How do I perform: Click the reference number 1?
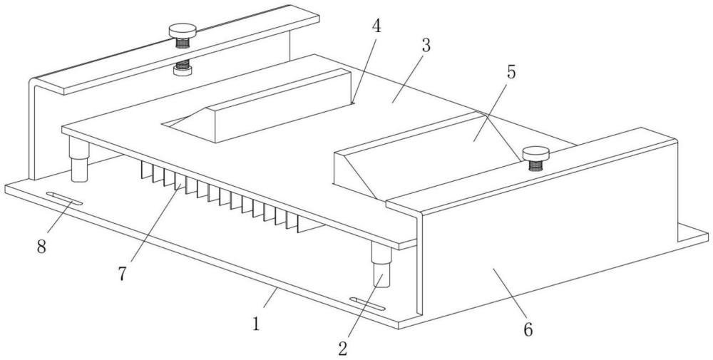click(256, 324)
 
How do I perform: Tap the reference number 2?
click(343, 349)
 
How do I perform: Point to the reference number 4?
click(376, 26)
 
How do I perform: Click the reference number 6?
click(528, 329)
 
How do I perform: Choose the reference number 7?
click(122, 274)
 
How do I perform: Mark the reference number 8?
click(41, 247)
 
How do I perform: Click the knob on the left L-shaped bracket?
click(183, 31)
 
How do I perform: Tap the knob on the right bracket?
click(535, 154)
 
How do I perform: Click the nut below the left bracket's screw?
click(183, 71)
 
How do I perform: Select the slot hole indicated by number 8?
click(64, 199)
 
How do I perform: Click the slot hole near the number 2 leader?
click(368, 304)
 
